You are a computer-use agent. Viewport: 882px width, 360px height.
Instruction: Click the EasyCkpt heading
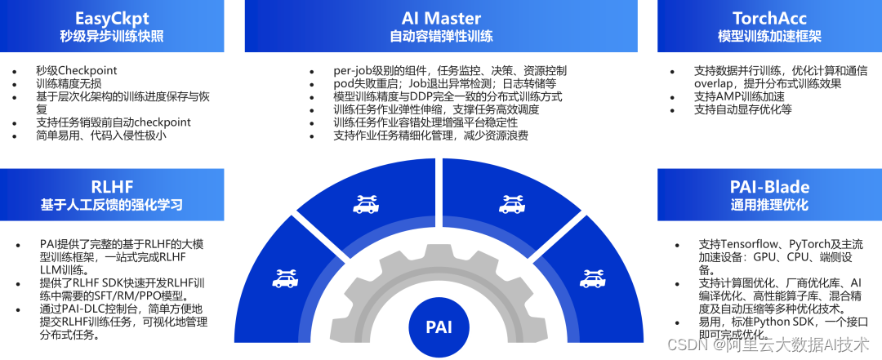pos(112,18)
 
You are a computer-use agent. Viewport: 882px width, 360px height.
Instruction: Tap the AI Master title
pos(441,18)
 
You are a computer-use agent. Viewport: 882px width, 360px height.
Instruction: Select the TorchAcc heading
pos(769,18)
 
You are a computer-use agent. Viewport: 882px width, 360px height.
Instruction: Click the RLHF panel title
pos(112,184)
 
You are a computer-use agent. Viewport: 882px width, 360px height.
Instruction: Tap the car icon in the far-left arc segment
pos(285,279)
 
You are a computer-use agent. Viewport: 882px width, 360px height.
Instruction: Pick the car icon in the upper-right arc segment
pos(513,203)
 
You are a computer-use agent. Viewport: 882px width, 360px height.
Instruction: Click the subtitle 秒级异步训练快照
pos(112,37)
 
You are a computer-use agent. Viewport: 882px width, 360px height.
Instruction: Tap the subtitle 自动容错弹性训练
pos(441,37)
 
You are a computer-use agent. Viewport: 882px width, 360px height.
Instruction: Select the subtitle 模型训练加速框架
pos(769,37)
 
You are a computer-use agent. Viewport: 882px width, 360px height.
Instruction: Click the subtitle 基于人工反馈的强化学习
pos(112,204)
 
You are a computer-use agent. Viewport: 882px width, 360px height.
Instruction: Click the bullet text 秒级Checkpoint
pos(77,70)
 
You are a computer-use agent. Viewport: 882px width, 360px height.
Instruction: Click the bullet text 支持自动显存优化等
pos(743,109)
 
